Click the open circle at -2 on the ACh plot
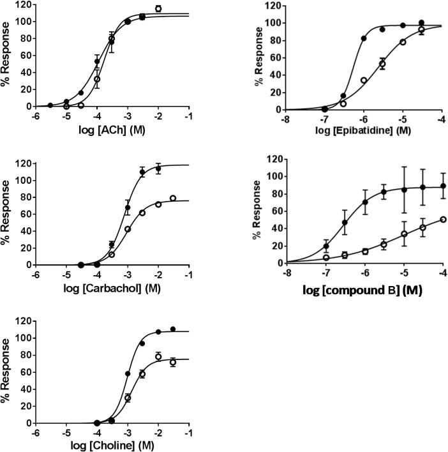(x=158, y=9)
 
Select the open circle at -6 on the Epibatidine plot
(x=363, y=80)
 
